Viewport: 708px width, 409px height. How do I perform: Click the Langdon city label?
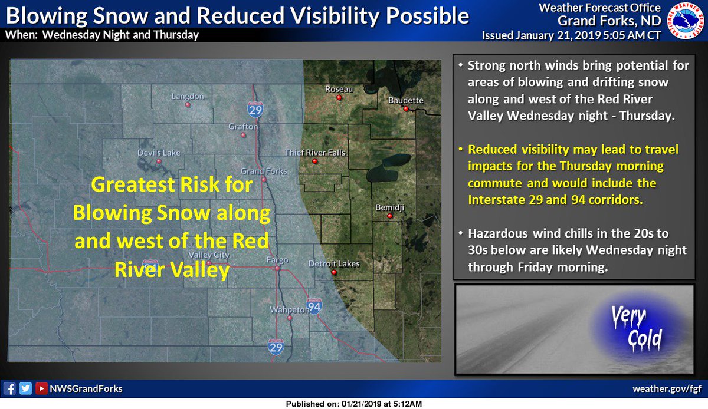pos(187,96)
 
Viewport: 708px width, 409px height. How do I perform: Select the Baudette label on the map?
pos(406,100)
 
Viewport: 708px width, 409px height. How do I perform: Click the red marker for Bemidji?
pos(389,216)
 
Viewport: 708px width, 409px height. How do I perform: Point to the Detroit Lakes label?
pos(334,264)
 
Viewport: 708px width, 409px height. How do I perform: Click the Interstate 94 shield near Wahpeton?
pos(315,306)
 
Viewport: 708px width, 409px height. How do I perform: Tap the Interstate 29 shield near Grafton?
pos(255,108)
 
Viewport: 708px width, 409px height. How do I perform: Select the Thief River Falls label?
pos(315,153)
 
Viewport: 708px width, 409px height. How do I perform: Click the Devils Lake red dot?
pos(159,161)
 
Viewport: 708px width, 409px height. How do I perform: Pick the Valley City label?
pos(208,255)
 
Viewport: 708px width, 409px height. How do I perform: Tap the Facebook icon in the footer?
pos(9,388)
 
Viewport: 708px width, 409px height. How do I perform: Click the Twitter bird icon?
pos(25,388)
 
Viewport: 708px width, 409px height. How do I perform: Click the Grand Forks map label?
pos(264,171)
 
